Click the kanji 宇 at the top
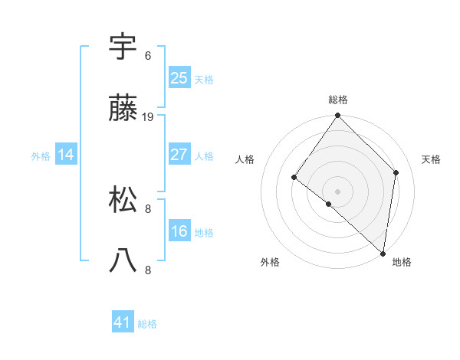pos(123,47)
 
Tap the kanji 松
pos(123,200)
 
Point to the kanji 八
pos(123,260)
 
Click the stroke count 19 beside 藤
pos(148,117)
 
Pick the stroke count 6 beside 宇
pos(148,56)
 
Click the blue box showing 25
pos(179,77)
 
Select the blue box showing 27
pos(179,155)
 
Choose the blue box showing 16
pos(179,231)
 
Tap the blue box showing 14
pos(66,155)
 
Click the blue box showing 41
pos(123,322)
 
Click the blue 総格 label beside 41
pos(147,324)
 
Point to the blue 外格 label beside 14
pos(41,156)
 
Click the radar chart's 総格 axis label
pos(338,100)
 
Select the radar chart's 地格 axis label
pos(402,262)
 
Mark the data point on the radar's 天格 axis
pos(396,172)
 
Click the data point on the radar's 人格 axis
pos(294,177)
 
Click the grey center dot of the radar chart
pos(338,191)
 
